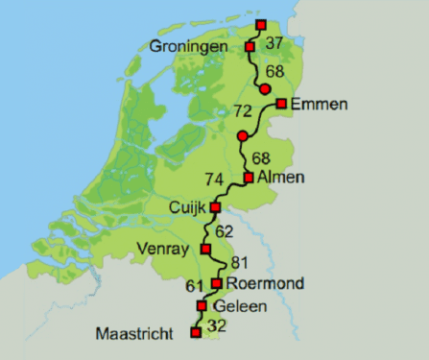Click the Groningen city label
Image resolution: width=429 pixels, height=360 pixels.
pyautogui.click(x=189, y=46)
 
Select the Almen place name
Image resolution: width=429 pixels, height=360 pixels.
pyautogui.click(x=281, y=177)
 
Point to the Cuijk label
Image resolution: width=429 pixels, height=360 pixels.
pyautogui.click(x=187, y=206)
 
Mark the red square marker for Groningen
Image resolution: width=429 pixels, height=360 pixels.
pyautogui.click(x=250, y=46)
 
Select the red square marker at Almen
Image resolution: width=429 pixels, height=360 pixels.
pyautogui.click(x=249, y=178)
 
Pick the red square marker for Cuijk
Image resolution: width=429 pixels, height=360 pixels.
pyautogui.click(x=215, y=206)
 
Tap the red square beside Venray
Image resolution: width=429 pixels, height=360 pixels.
pyautogui.click(x=205, y=250)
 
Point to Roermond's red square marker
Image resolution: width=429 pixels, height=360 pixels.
pyautogui.click(x=218, y=283)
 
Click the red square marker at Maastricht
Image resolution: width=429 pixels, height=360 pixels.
pyautogui.click(x=196, y=333)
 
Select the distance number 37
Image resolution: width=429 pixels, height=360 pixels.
pyautogui.click(x=274, y=43)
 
